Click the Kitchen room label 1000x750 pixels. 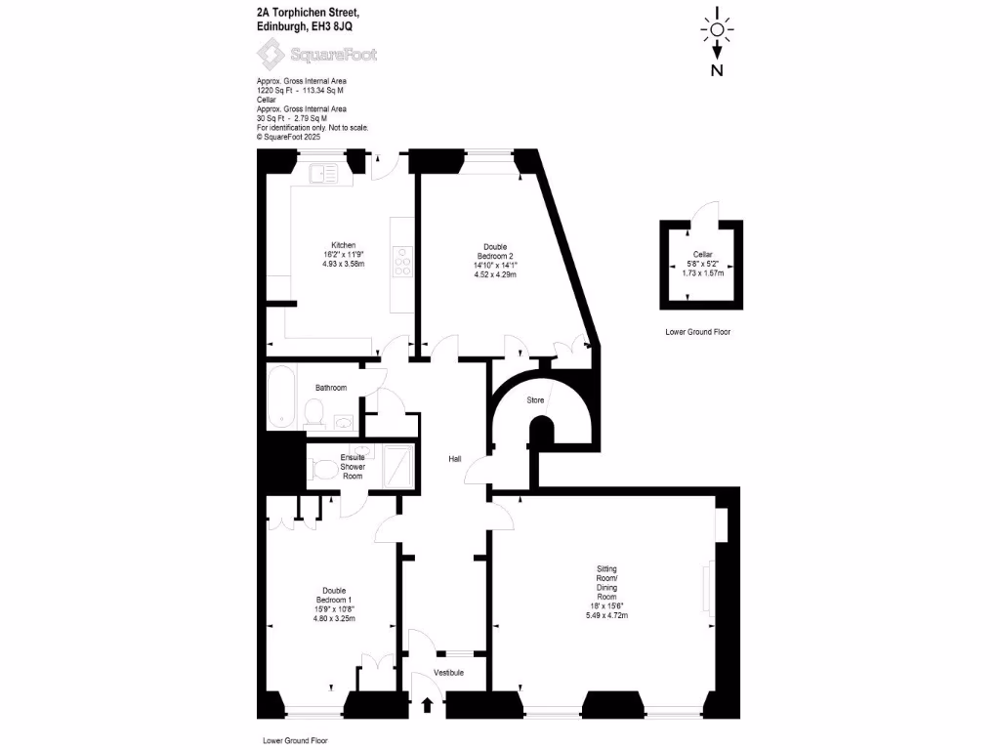point(343,244)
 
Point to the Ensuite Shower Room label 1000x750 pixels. point(353,466)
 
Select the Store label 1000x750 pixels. point(535,400)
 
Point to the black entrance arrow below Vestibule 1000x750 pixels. point(427,705)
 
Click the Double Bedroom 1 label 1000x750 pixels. point(334,598)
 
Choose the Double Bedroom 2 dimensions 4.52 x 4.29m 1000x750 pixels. point(494,274)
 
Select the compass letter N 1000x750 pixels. point(717,70)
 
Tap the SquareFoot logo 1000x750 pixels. point(320,55)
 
